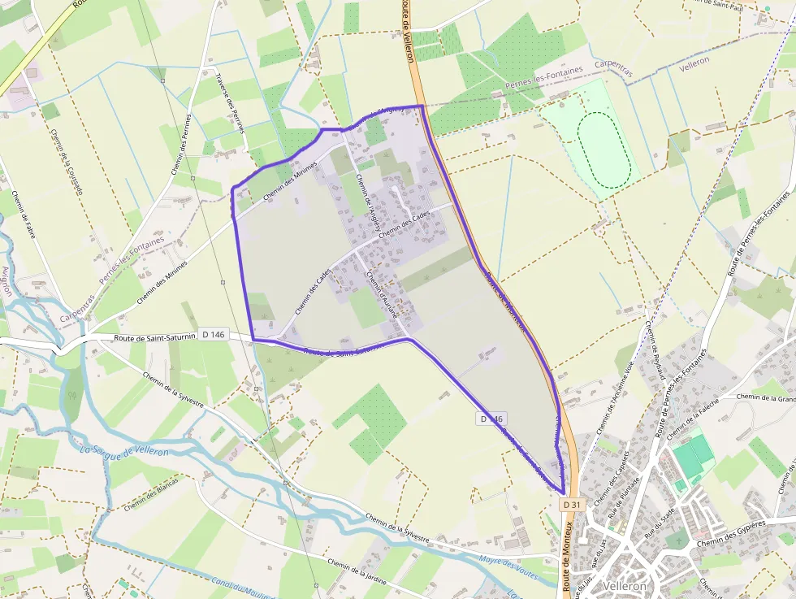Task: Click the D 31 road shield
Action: click(572, 504)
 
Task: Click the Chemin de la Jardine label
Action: click(357, 573)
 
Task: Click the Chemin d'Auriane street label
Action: click(382, 293)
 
